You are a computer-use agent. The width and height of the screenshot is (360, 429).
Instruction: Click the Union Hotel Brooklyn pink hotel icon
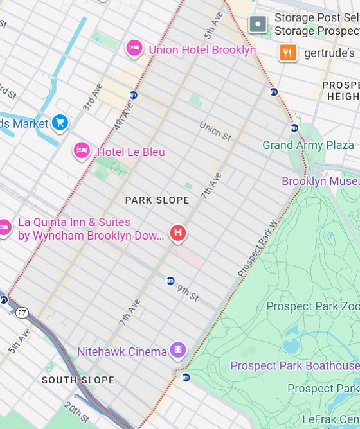[x=134, y=48]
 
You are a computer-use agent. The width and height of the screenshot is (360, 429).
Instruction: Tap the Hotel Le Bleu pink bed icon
[x=82, y=151]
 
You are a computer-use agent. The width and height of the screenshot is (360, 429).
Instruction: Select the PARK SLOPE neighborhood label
[x=157, y=200]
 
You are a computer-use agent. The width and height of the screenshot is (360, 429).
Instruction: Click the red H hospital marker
[x=177, y=232]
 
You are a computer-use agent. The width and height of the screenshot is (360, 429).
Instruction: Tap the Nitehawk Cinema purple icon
[x=177, y=350]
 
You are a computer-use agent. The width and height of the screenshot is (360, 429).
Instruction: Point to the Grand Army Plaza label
[x=308, y=145]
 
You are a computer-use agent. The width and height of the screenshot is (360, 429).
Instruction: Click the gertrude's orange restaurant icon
[x=287, y=52]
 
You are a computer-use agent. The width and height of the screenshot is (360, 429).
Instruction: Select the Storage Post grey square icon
[x=258, y=25]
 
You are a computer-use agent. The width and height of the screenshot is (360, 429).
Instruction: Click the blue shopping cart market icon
[x=60, y=122]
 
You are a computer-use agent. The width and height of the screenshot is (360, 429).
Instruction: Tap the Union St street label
[x=215, y=131]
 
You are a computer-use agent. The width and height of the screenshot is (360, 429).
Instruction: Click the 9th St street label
[x=188, y=292]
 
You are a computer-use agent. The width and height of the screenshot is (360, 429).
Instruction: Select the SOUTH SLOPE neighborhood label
[x=78, y=380]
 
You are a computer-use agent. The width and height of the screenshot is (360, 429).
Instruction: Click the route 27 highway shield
[x=22, y=312]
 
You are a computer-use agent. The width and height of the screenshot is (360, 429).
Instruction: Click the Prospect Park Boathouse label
[x=294, y=365]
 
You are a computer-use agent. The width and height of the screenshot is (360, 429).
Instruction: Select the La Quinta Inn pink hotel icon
[x=5, y=227]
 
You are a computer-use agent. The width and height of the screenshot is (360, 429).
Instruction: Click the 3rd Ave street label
[x=93, y=97]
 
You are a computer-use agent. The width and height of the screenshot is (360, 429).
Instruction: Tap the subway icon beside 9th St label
[x=170, y=281]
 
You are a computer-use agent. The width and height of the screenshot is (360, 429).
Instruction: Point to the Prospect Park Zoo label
[x=313, y=306]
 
